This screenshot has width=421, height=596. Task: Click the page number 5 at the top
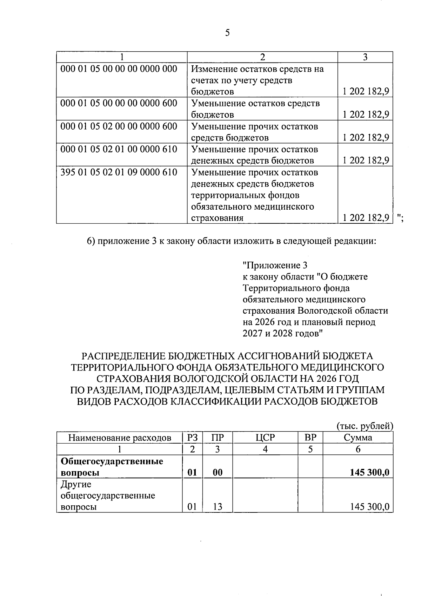[x=227, y=33]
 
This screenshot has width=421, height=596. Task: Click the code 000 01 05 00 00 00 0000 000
[x=119, y=69]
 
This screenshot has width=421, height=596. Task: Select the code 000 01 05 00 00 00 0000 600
[x=119, y=103]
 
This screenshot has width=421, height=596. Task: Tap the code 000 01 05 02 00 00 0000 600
[x=119, y=126]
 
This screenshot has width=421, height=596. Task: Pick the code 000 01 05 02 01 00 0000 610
[x=119, y=149]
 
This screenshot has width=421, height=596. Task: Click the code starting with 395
[x=119, y=172]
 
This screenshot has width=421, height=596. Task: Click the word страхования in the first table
[x=217, y=218]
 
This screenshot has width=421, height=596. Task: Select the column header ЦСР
[x=265, y=437]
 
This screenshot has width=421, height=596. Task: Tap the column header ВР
[x=310, y=437]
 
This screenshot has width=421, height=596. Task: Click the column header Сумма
[x=358, y=437]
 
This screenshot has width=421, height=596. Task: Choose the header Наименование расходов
[x=120, y=438]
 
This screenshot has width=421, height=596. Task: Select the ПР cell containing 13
[x=218, y=507]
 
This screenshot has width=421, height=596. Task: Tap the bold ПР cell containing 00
[x=218, y=472]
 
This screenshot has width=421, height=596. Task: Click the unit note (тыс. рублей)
[x=365, y=426]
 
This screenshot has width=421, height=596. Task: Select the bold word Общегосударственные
[x=112, y=461]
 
